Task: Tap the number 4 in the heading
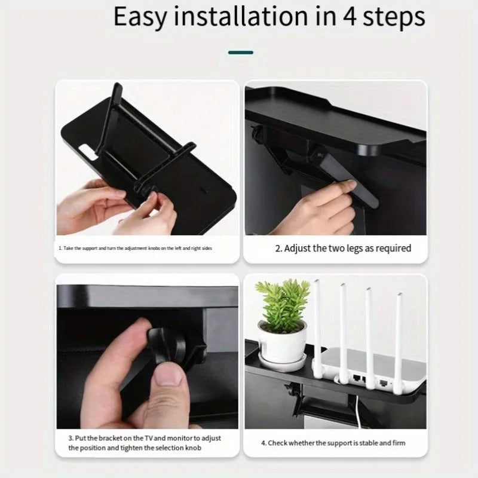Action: [x=350, y=17]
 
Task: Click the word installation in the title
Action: [x=241, y=16]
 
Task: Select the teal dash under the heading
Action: [x=241, y=53]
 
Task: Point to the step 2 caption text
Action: [x=343, y=248]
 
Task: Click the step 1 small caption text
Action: [x=136, y=248]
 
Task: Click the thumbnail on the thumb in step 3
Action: [x=168, y=375]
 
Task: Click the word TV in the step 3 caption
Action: [x=148, y=438]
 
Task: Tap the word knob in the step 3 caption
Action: [x=193, y=448]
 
